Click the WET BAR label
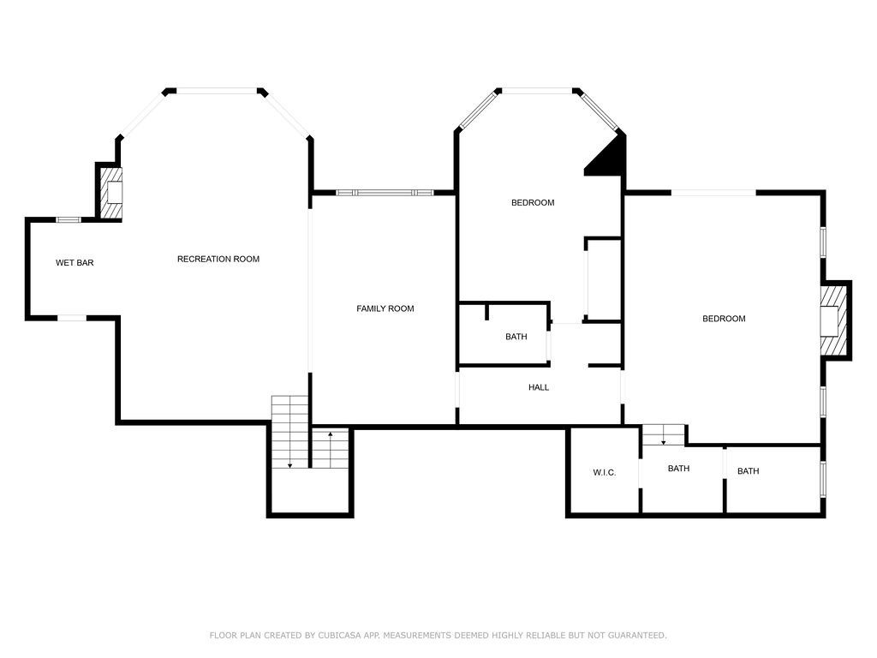pyautogui.click(x=75, y=263)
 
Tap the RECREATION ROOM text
pyautogui.click(x=218, y=260)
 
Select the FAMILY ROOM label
pyautogui.click(x=385, y=308)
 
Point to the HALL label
pyautogui.click(x=539, y=388)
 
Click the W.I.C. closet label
pyautogui.click(x=604, y=473)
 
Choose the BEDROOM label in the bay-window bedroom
pyautogui.click(x=533, y=203)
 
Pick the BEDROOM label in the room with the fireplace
pyautogui.click(x=724, y=319)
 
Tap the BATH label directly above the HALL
pyautogui.click(x=516, y=337)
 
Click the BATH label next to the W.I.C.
pyautogui.click(x=679, y=469)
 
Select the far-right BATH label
pyautogui.click(x=749, y=471)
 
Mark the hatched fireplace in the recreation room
pyautogui.click(x=112, y=192)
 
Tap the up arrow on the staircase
pyautogui.click(x=331, y=436)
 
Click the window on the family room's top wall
pyautogui.click(x=383, y=193)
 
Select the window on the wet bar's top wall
pyautogui.click(x=69, y=220)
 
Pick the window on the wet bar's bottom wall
pyautogui.click(x=72, y=318)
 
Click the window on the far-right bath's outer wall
pyautogui.click(x=823, y=480)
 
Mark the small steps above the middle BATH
pyautogui.click(x=664, y=435)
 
